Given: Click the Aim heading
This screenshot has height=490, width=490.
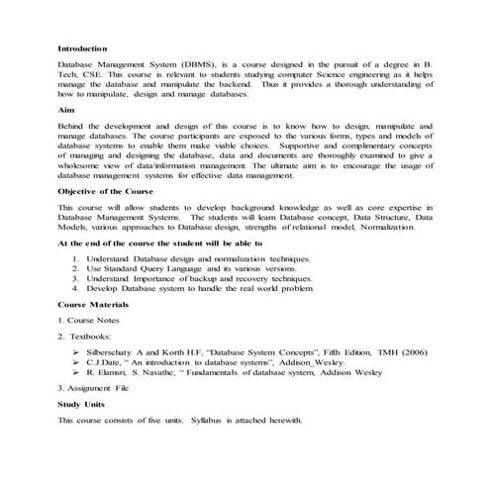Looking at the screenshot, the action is coord(65,111).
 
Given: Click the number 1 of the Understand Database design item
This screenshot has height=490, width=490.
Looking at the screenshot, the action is coord(76,257).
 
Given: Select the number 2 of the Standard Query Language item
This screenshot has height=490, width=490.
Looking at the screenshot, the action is coord(76,268).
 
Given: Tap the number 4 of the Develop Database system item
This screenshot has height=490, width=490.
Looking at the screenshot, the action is coord(76,289).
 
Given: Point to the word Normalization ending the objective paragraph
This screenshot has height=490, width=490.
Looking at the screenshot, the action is coord(401,229).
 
